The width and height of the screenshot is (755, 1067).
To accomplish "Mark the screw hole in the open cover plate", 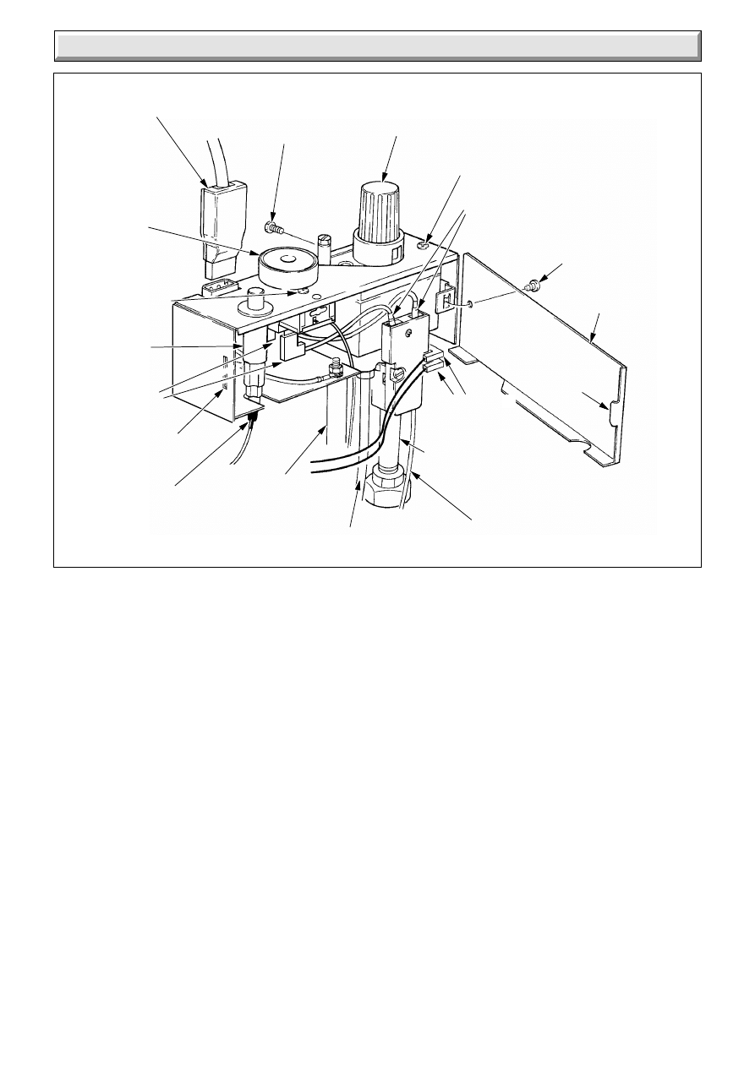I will tap(468, 304).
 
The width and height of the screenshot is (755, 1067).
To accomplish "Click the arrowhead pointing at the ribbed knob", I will tap(386, 176).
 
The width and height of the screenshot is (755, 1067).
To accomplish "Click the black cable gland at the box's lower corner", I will tap(252, 414).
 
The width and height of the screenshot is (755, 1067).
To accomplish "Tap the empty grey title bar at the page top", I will tap(377, 46).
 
